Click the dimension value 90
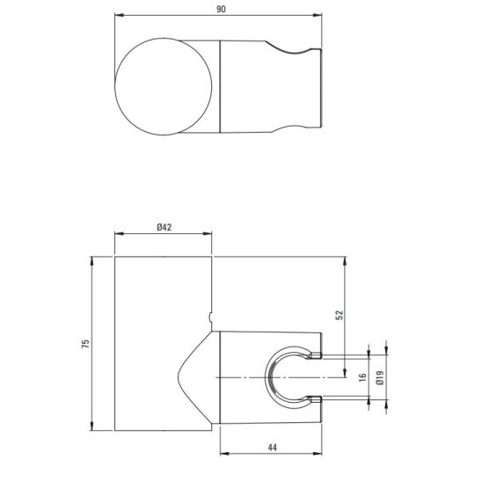pos(221,9)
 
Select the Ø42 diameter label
pos(164,228)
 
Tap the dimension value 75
pos(86,343)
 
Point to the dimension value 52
pos(340,315)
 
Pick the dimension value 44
pos(273,448)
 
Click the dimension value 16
pos(363,377)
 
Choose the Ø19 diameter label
pos(380,377)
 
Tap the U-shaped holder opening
pos(267,377)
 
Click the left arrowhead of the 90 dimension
pos(119,15)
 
